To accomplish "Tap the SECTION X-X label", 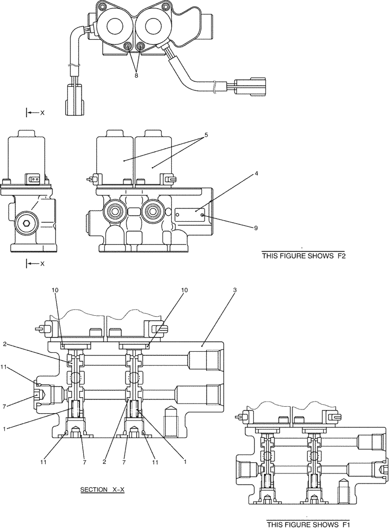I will (x=102, y=489).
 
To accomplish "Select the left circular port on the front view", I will (x=114, y=212).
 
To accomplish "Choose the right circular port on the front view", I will (x=154, y=212).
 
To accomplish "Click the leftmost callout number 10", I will (x=56, y=290).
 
